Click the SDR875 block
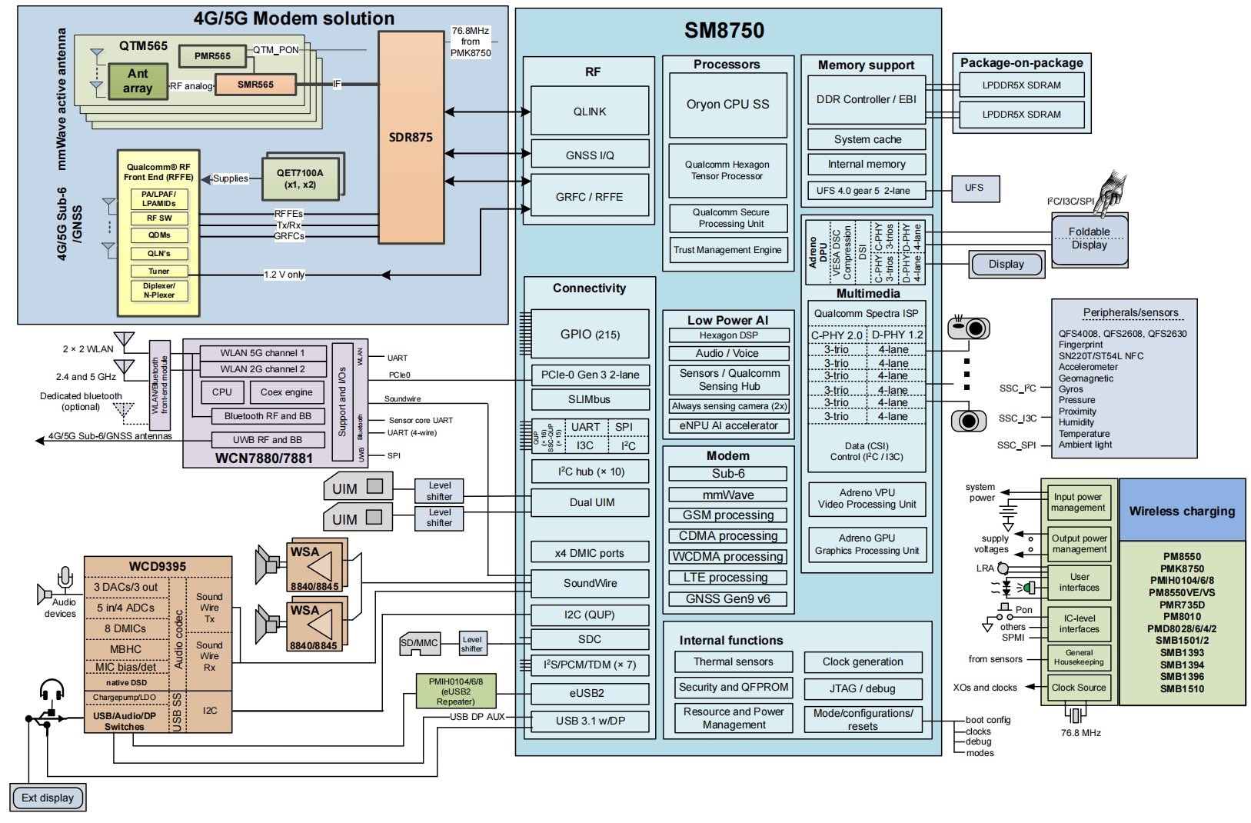[411, 138]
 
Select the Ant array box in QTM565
[138, 81]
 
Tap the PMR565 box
[212, 56]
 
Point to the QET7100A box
[300, 178]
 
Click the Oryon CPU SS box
[727, 105]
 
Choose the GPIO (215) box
[590, 335]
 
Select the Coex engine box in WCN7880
[286, 392]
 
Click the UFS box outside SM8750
[973, 188]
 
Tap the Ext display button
[48, 798]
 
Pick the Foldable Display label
[1089, 238]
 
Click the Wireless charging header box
[1182, 511]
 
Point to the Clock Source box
[1079, 688]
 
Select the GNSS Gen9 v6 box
[727, 599]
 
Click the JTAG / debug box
[862, 688]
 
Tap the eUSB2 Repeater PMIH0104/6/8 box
[454, 691]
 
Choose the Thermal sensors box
[734, 661]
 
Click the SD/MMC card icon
[420, 645]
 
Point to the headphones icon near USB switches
[52, 690]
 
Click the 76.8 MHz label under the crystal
[1080, 733]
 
